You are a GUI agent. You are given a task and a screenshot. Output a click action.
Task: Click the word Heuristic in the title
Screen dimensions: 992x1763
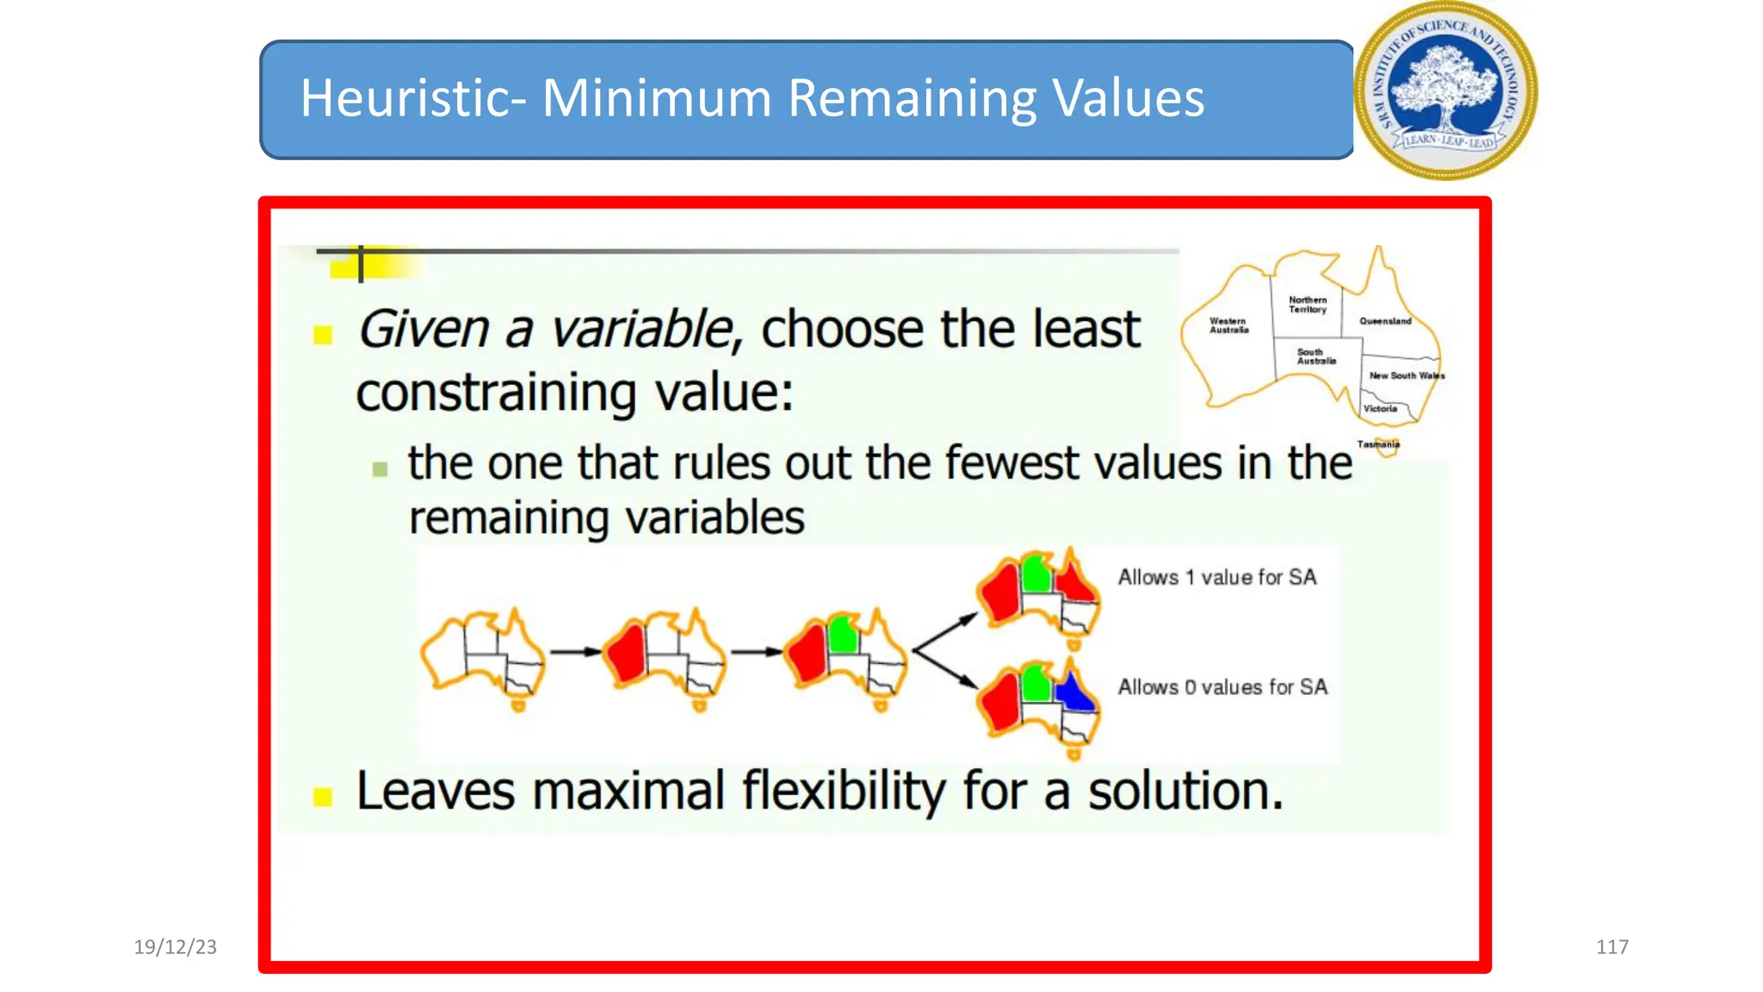pos(405,98)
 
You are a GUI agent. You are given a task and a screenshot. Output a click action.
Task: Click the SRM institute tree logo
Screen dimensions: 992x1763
pos(1446,90)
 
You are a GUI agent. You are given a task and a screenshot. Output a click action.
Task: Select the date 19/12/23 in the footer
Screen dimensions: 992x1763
pos(176,947)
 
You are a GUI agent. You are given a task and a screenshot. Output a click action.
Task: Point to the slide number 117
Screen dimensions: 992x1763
pos(1611,947)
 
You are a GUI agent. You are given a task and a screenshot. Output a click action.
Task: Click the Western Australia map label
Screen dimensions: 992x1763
pos(1228,325)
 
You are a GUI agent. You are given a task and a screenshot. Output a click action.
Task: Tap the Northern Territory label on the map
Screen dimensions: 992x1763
pos(1308,305)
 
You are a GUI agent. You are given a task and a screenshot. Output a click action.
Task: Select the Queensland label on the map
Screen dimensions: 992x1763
pos(1385,321)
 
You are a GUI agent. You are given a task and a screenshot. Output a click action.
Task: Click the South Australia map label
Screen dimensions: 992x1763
pos(1315,356)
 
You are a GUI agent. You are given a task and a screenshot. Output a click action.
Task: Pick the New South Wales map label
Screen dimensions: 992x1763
pos(1407,375)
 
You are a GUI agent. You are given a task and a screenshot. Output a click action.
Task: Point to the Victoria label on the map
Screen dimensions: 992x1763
pos(1380,409)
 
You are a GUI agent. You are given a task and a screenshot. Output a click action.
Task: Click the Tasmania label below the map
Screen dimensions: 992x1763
pos(1378,444)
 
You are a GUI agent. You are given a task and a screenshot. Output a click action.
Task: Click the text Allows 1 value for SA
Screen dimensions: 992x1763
pos(1217,577)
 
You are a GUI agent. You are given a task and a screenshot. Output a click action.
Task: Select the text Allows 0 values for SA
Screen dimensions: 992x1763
pos(1222,687)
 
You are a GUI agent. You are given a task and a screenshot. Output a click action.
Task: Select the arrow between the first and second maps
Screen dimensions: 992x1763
pos(575,652)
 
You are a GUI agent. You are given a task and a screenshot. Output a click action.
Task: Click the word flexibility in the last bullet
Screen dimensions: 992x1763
pos(844,790)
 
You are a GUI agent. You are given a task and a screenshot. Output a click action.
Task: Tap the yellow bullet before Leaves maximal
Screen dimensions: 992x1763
pos(323,797)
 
